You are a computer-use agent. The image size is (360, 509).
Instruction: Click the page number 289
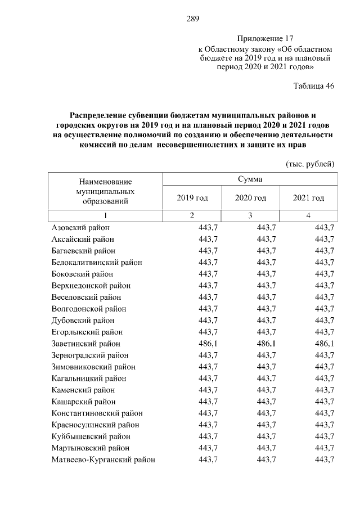pyautogui.click(x=193, y=19)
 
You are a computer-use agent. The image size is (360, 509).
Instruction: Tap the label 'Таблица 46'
pyautogui.click(x=314, y=86)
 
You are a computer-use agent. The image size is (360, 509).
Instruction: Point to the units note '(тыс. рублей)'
pyautogui.click(x=310, y=164)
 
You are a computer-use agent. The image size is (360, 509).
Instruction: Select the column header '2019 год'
pyautogui.click(x=192, y=198)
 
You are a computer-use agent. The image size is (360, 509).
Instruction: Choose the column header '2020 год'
pyautogui.click(x=250, y=198)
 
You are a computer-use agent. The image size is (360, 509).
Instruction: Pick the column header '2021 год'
pyautogui.click(x=309, y=198)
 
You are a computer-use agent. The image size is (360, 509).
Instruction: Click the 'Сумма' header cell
pyautogui.click(x=250, y=179)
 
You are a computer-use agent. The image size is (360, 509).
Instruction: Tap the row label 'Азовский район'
pyautogui.click(x=80, y=227)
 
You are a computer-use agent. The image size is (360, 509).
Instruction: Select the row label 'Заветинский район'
pyautogui.click(x=86, y=343)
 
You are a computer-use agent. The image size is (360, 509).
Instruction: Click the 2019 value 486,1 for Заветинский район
pyautogui.click(x=208, y=343)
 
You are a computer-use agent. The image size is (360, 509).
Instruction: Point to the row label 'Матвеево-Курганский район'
pyautogui.click(x=103, y=460)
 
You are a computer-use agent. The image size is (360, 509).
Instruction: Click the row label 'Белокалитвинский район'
pyautogui.click(x=97, y=262)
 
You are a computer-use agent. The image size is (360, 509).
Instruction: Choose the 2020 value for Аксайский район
pyautogui.click(x=266, y=239)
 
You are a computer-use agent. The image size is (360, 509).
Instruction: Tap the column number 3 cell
pyautogui.click(x=250, y=216)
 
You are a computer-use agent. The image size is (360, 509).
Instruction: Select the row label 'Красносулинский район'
pyautogui.click(x=96, y=425)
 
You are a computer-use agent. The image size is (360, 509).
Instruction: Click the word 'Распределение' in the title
pyautogui.click(x=102, y=114)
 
